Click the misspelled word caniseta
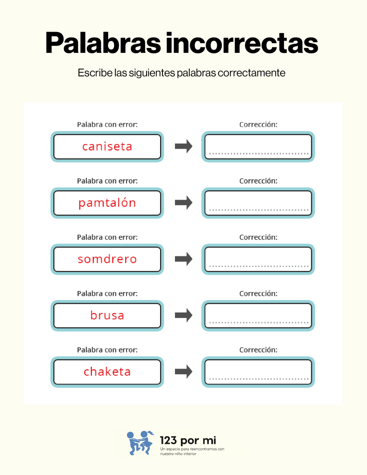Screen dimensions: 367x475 coord(107,147)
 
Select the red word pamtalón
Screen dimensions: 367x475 coord(107,203)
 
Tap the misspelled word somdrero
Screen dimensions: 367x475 coord(107,259)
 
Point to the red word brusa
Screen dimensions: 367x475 coord(107,315)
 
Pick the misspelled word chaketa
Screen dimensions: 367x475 coord(107,372)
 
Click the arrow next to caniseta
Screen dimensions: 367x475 coord(184,146)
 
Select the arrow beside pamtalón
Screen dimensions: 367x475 coord(184,202)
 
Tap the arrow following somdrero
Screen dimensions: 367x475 coord(184,259)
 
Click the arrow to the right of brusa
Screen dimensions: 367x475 coord(184,315)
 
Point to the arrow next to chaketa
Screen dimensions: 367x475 coord(184,372)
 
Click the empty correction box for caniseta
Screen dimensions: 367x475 coord(258,147)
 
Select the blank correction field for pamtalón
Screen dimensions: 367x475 coord(258,203)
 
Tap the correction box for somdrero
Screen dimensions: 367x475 coord(258,259)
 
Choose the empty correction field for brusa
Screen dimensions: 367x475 coord(258,316)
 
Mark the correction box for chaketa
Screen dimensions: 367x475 coord(258,372)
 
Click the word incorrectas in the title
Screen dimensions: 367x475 coord(242,43)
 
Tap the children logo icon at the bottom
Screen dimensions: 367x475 coord(140,443)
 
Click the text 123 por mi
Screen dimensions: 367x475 coord(188,440)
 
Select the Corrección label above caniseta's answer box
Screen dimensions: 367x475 coord(258,124)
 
